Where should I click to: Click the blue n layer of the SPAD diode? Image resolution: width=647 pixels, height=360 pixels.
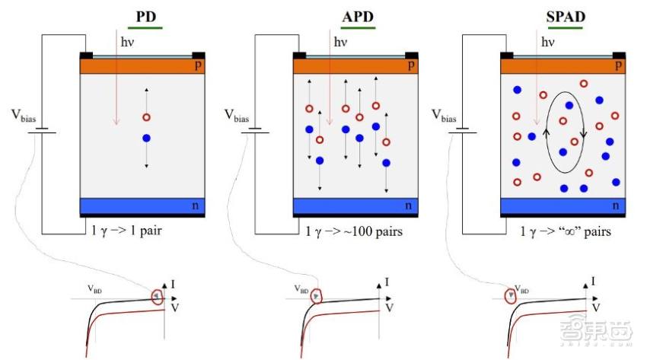click(563, 205)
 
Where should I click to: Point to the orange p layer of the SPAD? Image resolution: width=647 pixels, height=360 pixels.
click(563, 66)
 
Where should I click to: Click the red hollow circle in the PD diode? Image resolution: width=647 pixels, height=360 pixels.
click(145, 118)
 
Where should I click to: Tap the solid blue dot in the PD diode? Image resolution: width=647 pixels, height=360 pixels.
click(145, 139)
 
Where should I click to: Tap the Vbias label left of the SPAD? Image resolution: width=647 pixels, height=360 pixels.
click(447, 115)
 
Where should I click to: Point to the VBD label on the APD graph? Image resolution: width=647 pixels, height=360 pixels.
click(301, 289)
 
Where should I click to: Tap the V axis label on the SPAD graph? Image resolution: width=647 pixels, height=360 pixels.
click(596, 308)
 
